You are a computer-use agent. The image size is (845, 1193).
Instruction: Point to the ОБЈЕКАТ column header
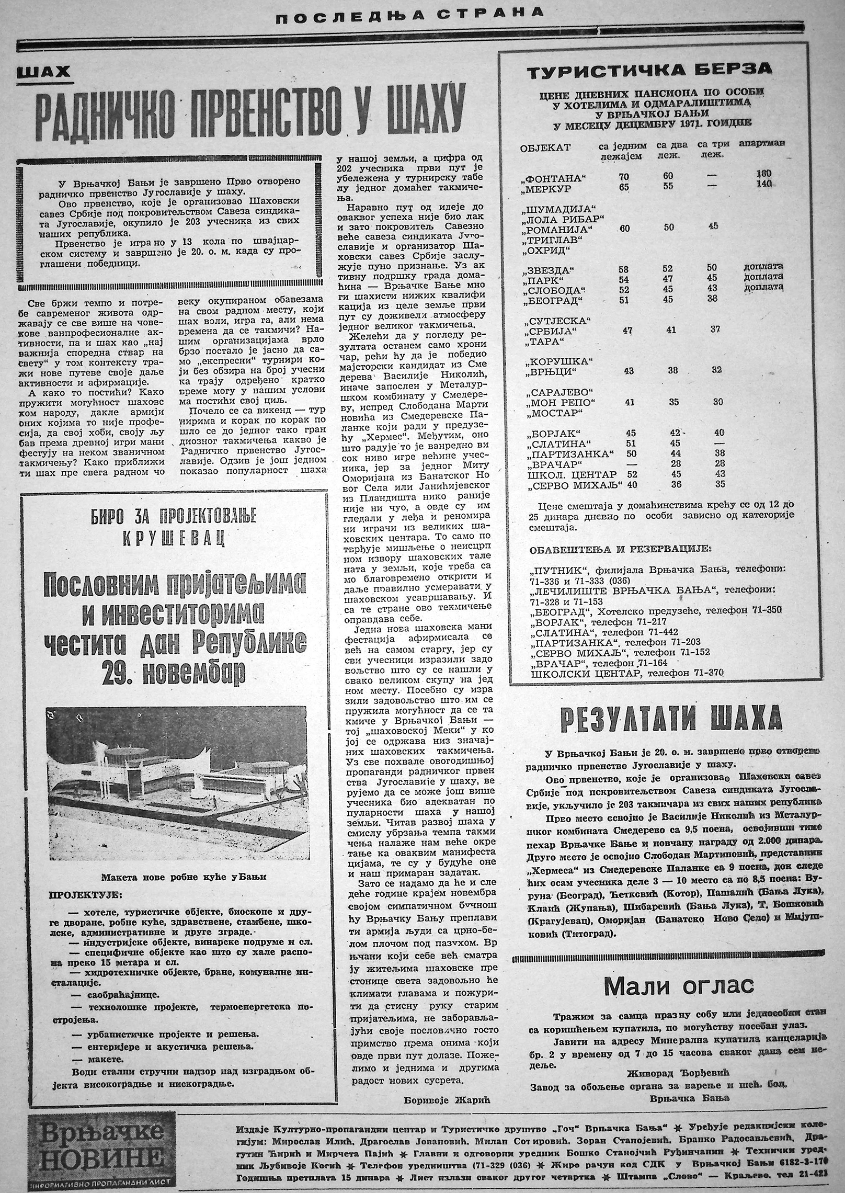(545, 148)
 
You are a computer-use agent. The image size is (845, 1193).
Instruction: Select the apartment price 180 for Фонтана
(764, 174)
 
